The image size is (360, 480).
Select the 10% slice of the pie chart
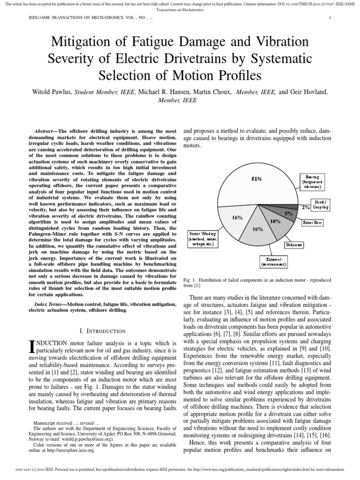[x=275, y=223]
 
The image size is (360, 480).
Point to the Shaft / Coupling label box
[x=320, y=204]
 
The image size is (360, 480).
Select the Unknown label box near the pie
[x=294, y=245]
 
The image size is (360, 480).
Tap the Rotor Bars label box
[x=313, y=222]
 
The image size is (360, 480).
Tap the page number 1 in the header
[x=330, y=18]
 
